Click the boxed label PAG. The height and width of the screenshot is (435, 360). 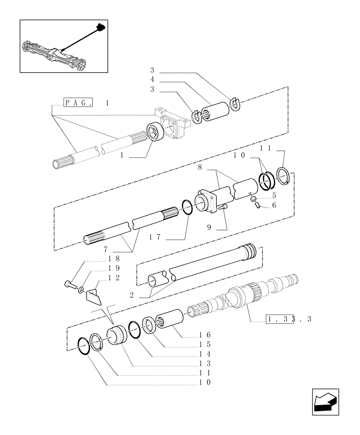(x=78, y=103)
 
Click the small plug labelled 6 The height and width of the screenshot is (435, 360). (x=256, y=203)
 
